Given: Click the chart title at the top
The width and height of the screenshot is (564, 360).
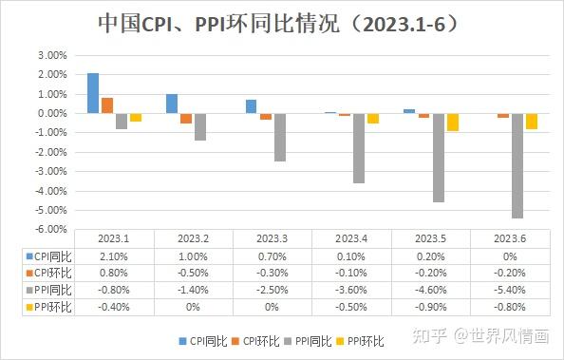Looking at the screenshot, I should (282, 23).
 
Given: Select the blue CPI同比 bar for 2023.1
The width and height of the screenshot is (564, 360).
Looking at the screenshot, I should (93, 93).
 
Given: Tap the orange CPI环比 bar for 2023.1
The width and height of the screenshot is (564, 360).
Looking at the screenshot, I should (107, 105).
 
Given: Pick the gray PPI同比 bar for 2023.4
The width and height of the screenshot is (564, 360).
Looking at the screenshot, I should (360, 148).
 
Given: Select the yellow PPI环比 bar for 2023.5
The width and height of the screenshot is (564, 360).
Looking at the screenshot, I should (452, 123).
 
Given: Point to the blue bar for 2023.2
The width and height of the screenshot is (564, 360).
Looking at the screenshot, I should (172, 104).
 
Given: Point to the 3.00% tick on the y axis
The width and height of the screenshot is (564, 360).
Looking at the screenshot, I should (52, 55).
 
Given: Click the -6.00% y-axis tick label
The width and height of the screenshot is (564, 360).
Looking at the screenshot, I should (52, 229).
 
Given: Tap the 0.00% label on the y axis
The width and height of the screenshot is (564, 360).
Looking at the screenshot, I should (52, 113).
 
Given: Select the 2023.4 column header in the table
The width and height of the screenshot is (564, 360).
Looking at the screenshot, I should (352, 238).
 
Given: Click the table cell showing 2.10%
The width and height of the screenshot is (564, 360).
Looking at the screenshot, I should (113, 256).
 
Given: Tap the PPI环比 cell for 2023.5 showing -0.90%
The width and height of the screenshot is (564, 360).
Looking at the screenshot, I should (431, 306).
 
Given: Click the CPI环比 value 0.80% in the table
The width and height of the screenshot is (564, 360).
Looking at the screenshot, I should (113, 272).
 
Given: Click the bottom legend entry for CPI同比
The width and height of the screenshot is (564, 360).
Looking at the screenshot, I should (203, 340).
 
